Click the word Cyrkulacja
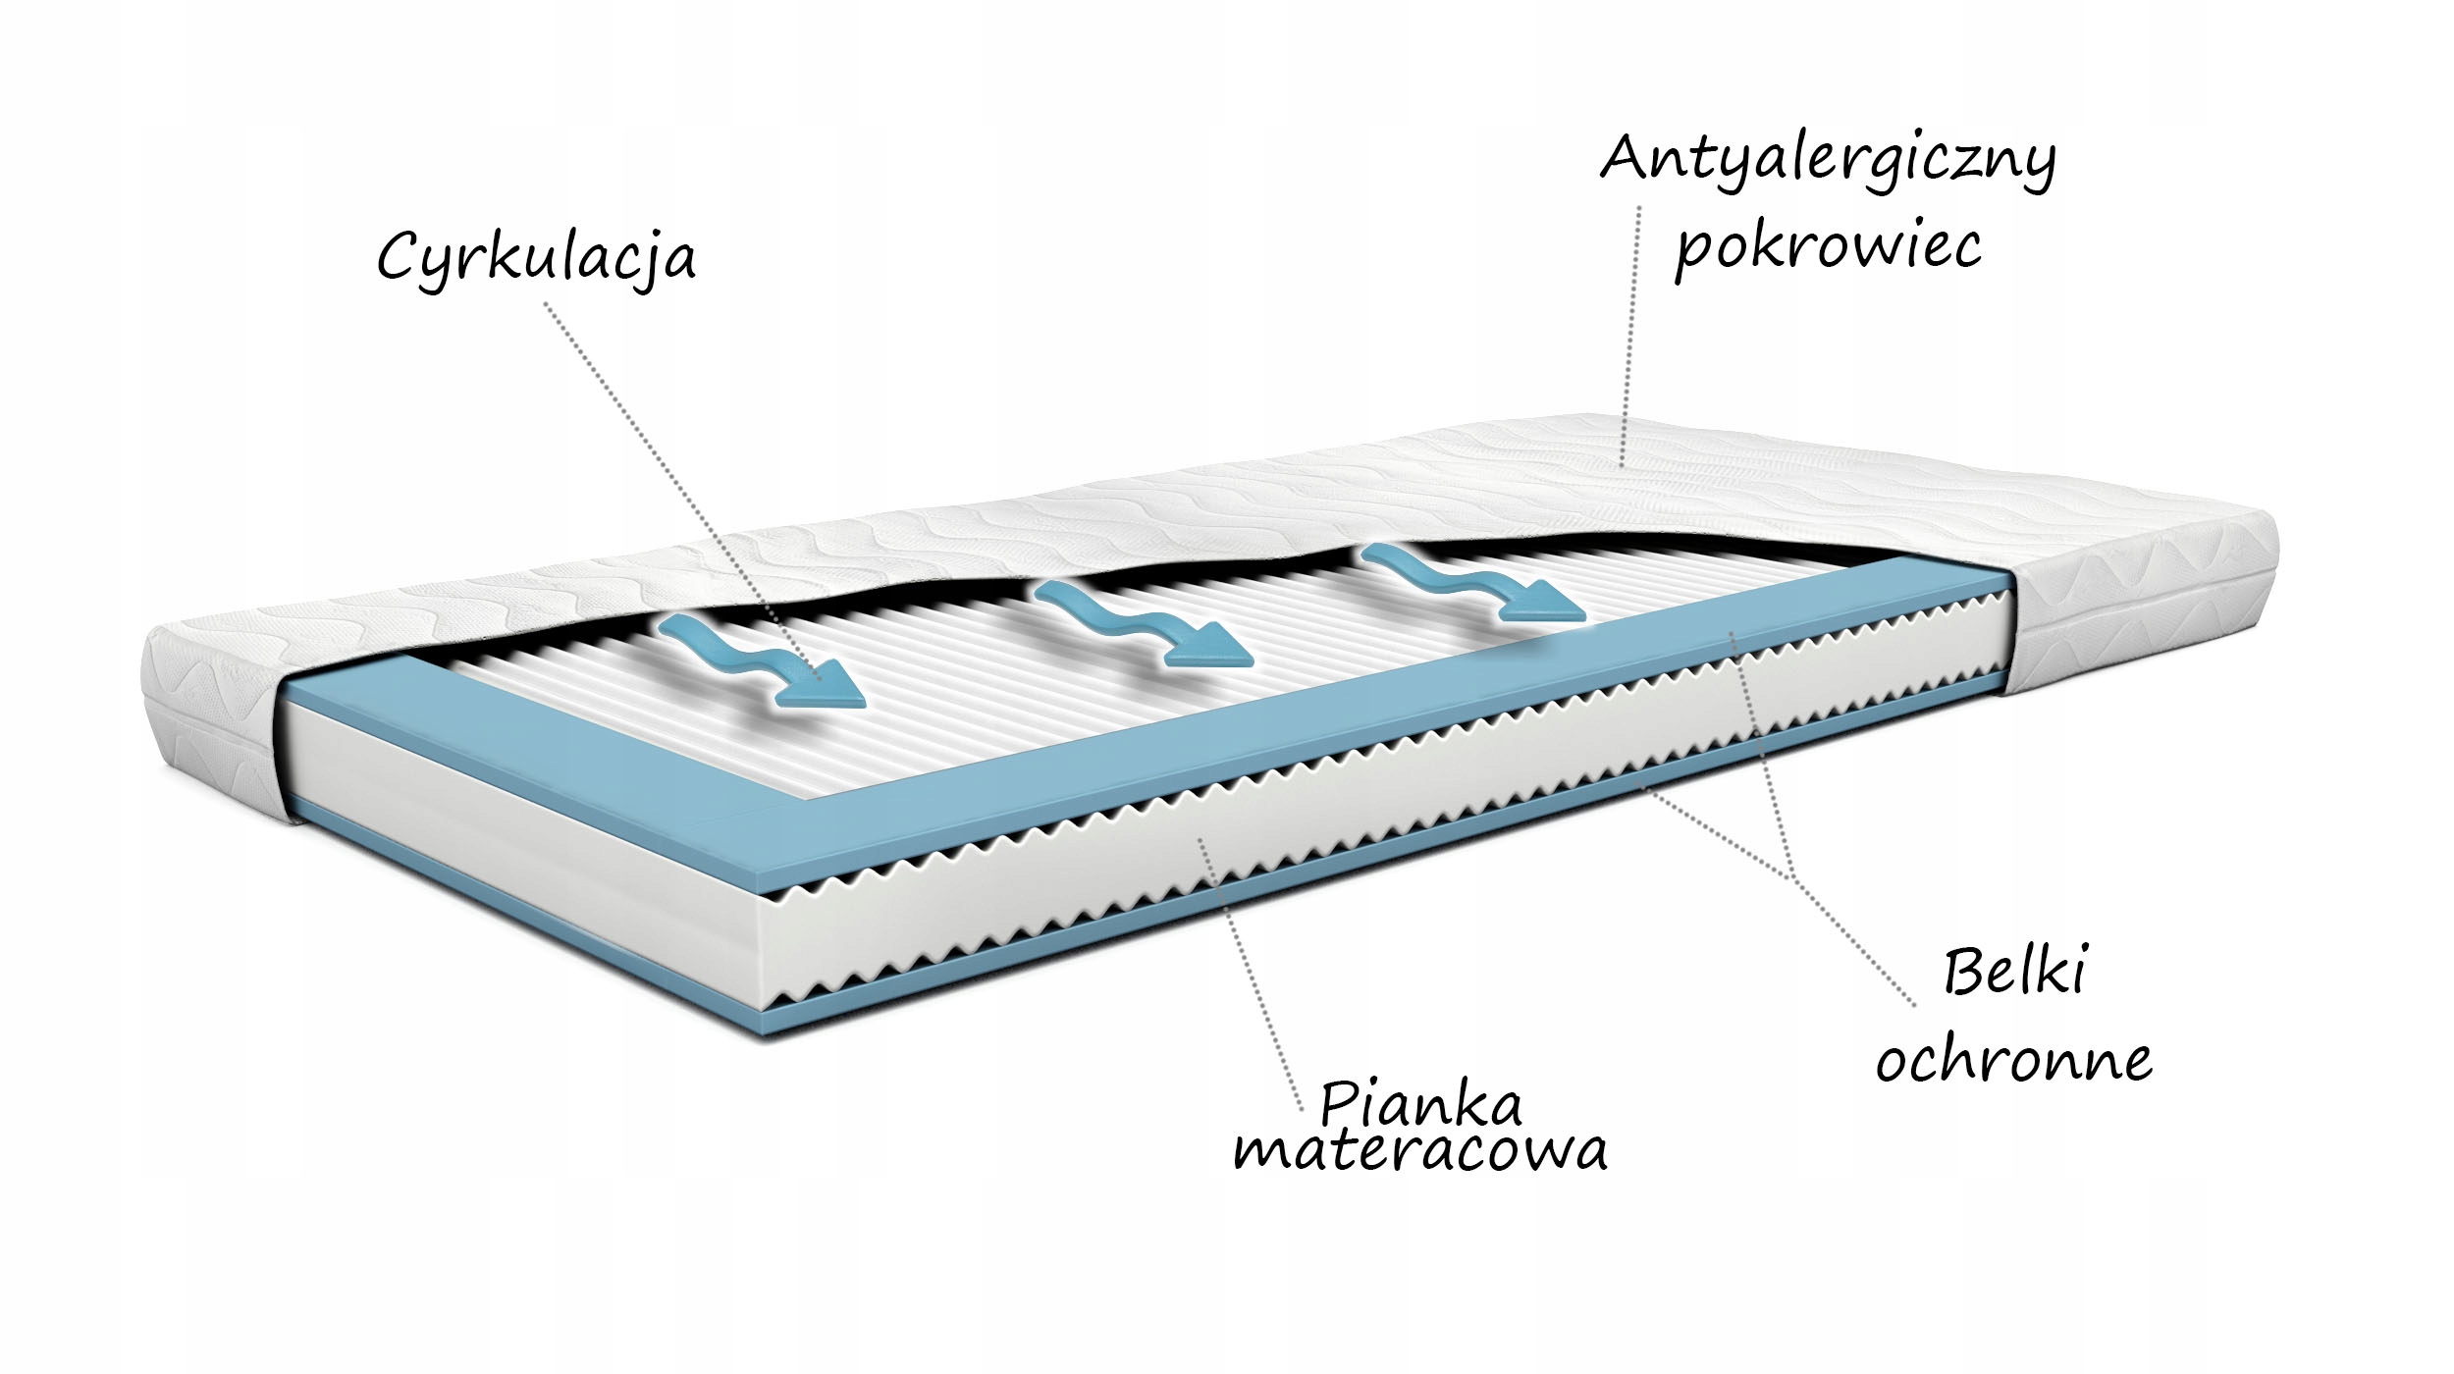pos(536,257)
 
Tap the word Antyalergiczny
pos(1828,159)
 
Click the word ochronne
pos(2014,1062)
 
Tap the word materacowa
pos(1420,1150)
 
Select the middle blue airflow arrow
pos(1144,622)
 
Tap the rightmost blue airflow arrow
pos(1472,583)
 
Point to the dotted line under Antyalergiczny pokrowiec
pos(1629,334)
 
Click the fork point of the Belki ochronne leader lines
pos(1792,876)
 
